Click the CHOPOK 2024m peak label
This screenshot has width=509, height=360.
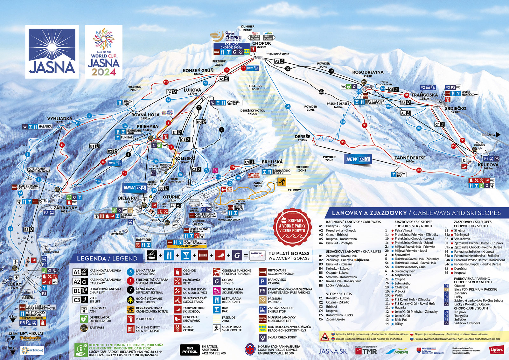point(261,45)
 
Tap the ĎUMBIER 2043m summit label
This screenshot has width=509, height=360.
point(248,28)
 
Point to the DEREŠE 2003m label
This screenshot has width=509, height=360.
point(302,138)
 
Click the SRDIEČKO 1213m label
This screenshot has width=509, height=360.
point(456,109)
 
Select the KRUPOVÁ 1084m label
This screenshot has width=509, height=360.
point(488,166)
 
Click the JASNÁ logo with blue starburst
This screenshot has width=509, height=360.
point(52,52)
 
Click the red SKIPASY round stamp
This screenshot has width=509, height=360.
point(292,227)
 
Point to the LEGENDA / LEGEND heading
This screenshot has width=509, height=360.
point(107,258)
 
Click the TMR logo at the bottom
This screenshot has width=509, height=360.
point(366,351)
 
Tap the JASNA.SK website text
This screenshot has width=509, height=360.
point(332,351)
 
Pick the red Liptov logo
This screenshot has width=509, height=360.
point(496,350)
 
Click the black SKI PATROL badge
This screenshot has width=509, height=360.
point(190,350)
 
